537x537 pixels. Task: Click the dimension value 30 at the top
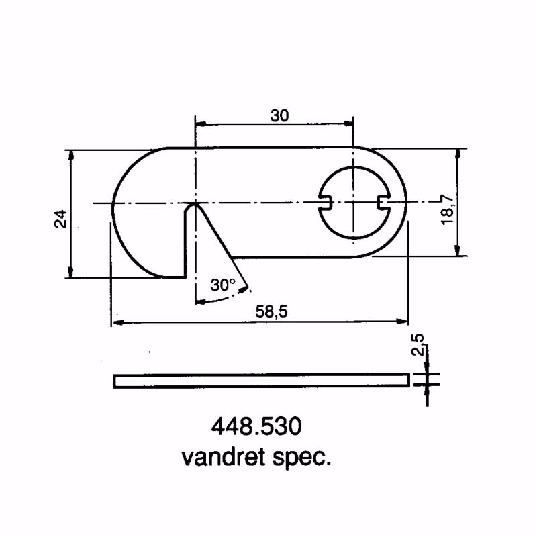(280, 115)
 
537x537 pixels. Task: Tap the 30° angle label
(222, 285)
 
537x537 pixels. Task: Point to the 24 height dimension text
(61, 219)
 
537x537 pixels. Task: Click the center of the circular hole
(353, 202)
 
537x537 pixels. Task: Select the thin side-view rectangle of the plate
(261, 381)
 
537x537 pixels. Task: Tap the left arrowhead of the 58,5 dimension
(116, 323)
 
